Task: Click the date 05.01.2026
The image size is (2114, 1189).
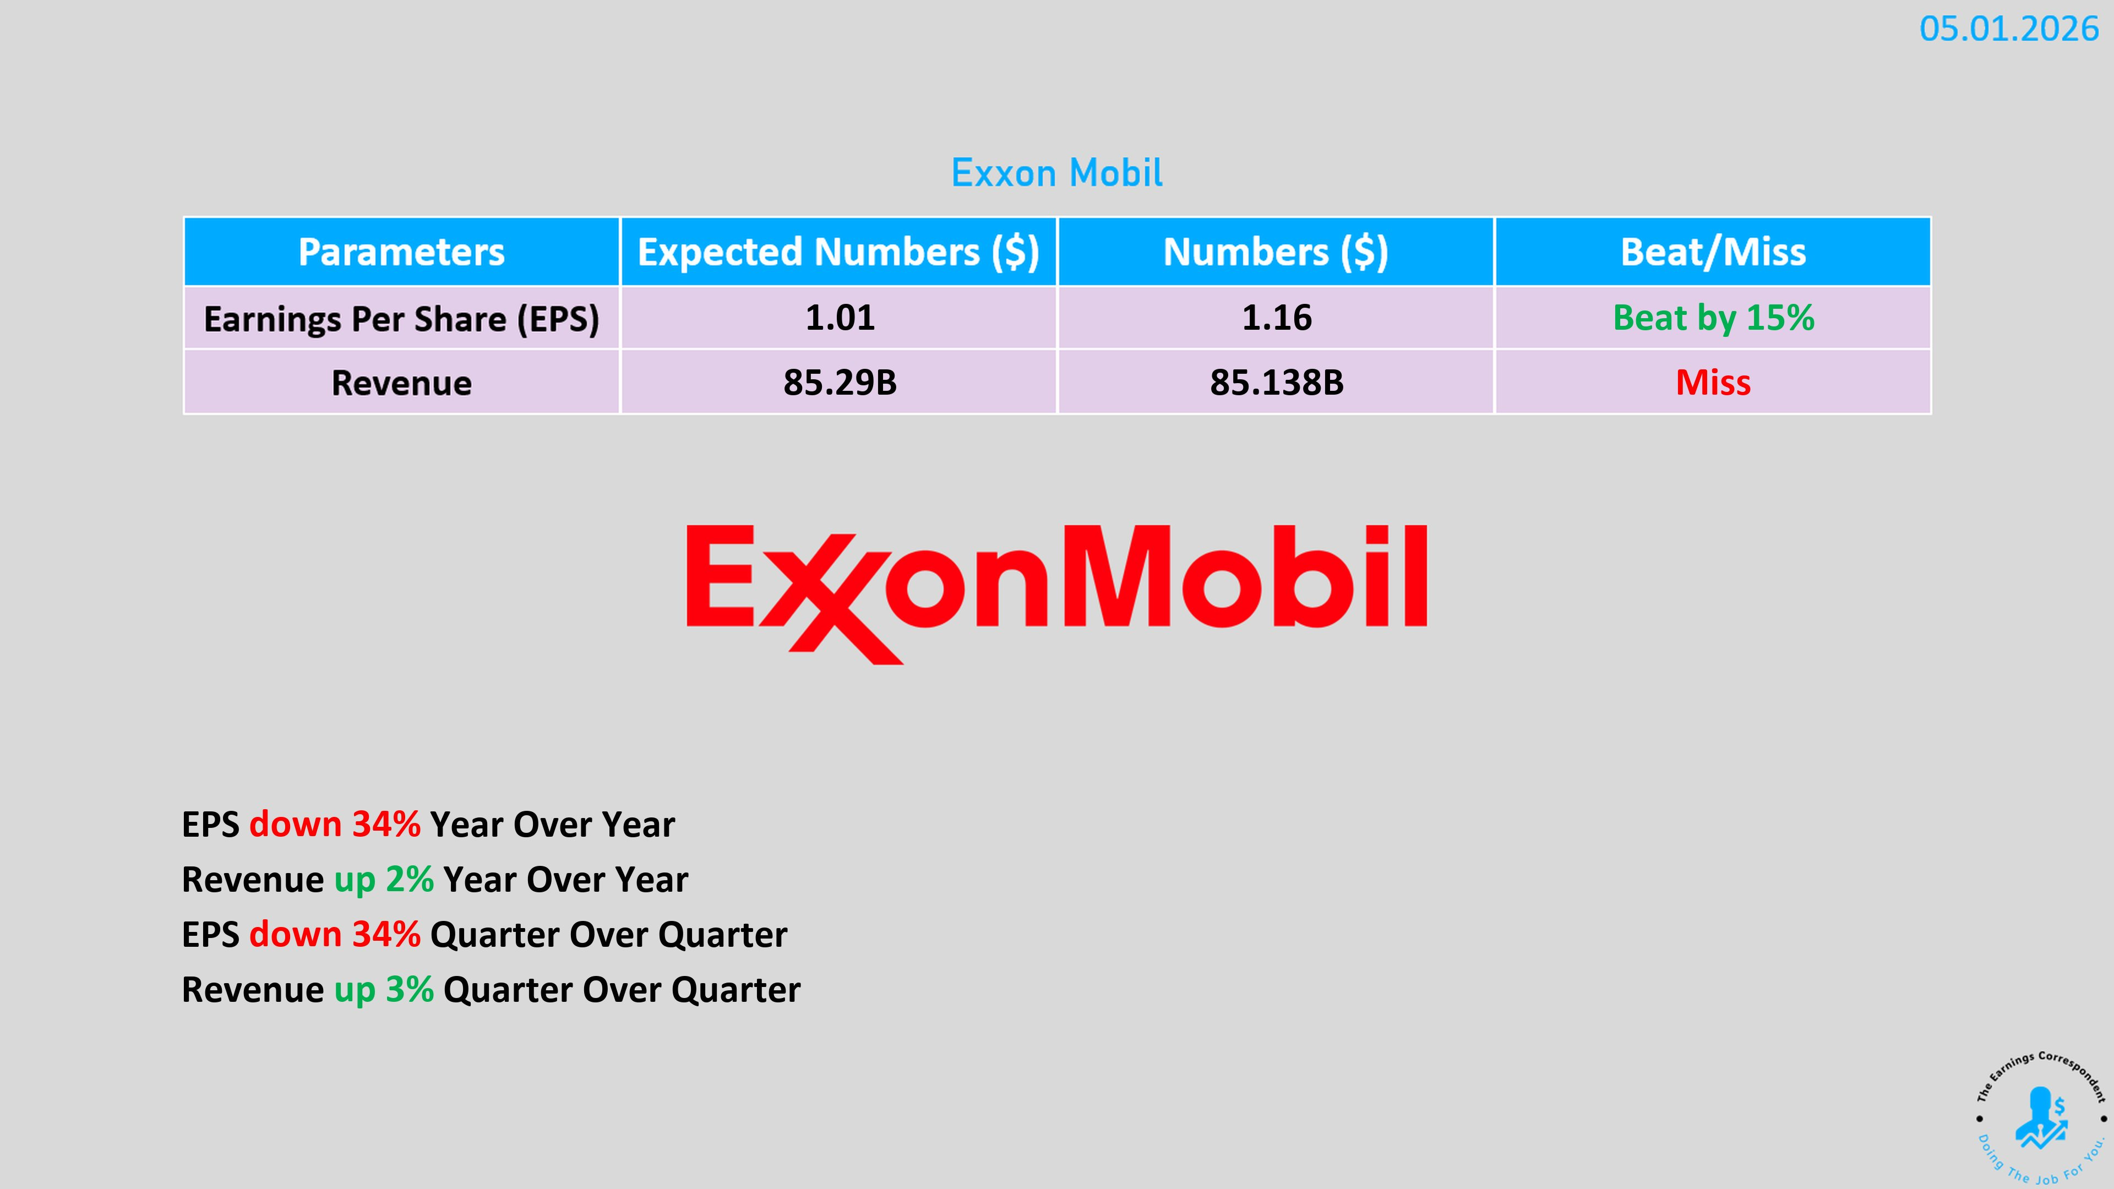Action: click(2008, 30)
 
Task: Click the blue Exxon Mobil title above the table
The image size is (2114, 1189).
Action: click(1057, 173)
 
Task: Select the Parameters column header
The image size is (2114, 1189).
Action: click(401, 252)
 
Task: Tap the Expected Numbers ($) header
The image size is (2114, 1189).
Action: click(838, 252)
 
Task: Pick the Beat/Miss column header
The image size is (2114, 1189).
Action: click(1713, 252)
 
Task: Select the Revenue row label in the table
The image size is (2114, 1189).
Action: click(401, 383)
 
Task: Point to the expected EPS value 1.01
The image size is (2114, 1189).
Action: click(840, 318)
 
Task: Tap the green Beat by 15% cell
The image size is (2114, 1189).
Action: click(1714, 318)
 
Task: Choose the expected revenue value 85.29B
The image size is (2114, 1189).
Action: click(840, 383)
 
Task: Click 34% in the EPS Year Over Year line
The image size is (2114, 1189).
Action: click(386, 825)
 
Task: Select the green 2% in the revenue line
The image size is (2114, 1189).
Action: click(410, 880)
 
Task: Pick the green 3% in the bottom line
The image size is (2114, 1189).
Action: click(410, 990)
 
